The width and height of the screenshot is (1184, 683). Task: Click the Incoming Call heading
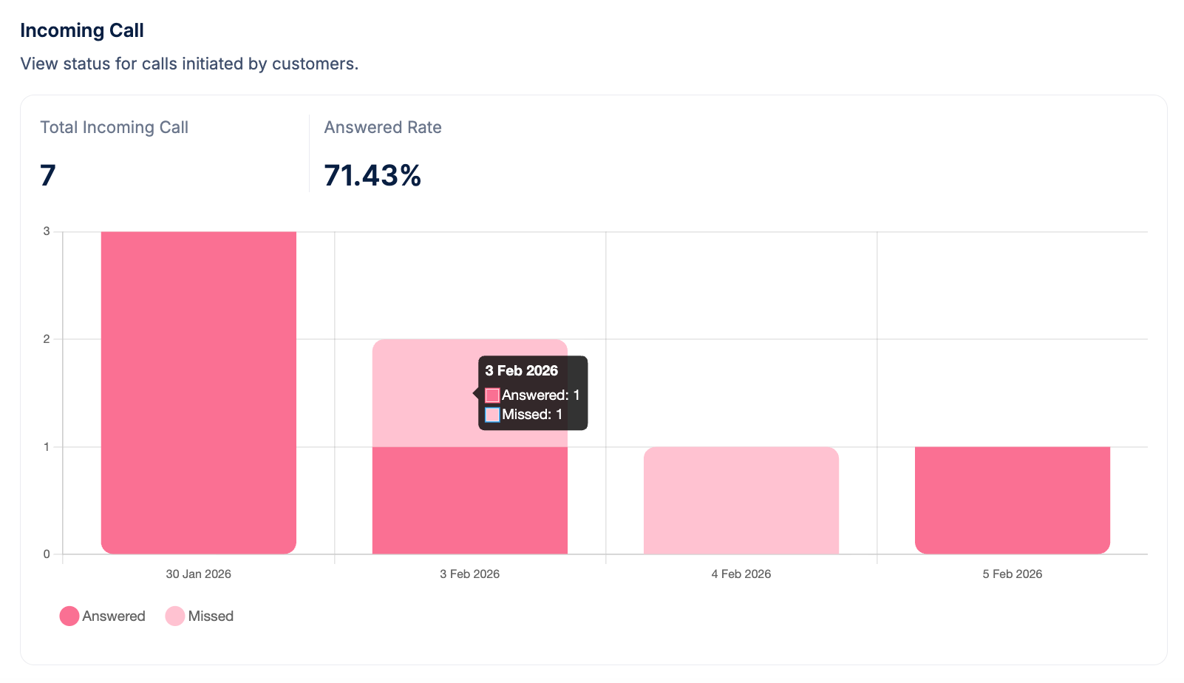click(x=82, y=30)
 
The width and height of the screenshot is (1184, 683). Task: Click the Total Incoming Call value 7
click(x=48, y=175)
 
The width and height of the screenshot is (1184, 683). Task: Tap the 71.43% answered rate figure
click(x=372, y=175)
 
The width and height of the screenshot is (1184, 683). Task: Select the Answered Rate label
click(x=383, y=127)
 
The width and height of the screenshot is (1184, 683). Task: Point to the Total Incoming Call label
click(x=115, y=127)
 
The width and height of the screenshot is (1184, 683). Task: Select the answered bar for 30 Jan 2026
click(x=199, y=392)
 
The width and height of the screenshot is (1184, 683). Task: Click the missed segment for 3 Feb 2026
click(x=421, y=392)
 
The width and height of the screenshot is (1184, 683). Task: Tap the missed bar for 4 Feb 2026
click(x=741, y=500)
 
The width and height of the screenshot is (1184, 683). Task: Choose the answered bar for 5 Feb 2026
click(x=1013, y=500)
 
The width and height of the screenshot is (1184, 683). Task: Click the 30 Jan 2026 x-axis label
click(x=199, y=574)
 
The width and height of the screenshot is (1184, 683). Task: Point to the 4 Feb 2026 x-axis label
click(x=741, y=574)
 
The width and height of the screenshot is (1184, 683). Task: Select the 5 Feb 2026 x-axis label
click(x=1013, y=574)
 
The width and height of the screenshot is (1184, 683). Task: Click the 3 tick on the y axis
click(x=47, y=231)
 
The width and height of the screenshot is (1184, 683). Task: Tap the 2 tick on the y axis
click(x=47, y=339)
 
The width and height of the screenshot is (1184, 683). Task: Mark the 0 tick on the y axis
click(x=47, y=554)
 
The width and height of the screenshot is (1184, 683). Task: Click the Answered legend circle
click(x=69, y=616)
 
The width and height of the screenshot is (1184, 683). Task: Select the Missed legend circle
click(x=175, y=616)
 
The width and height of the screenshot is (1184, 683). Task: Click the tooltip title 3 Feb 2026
click(x=522, y=371)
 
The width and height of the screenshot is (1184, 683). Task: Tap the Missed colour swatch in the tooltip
click(x=492, y=415)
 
